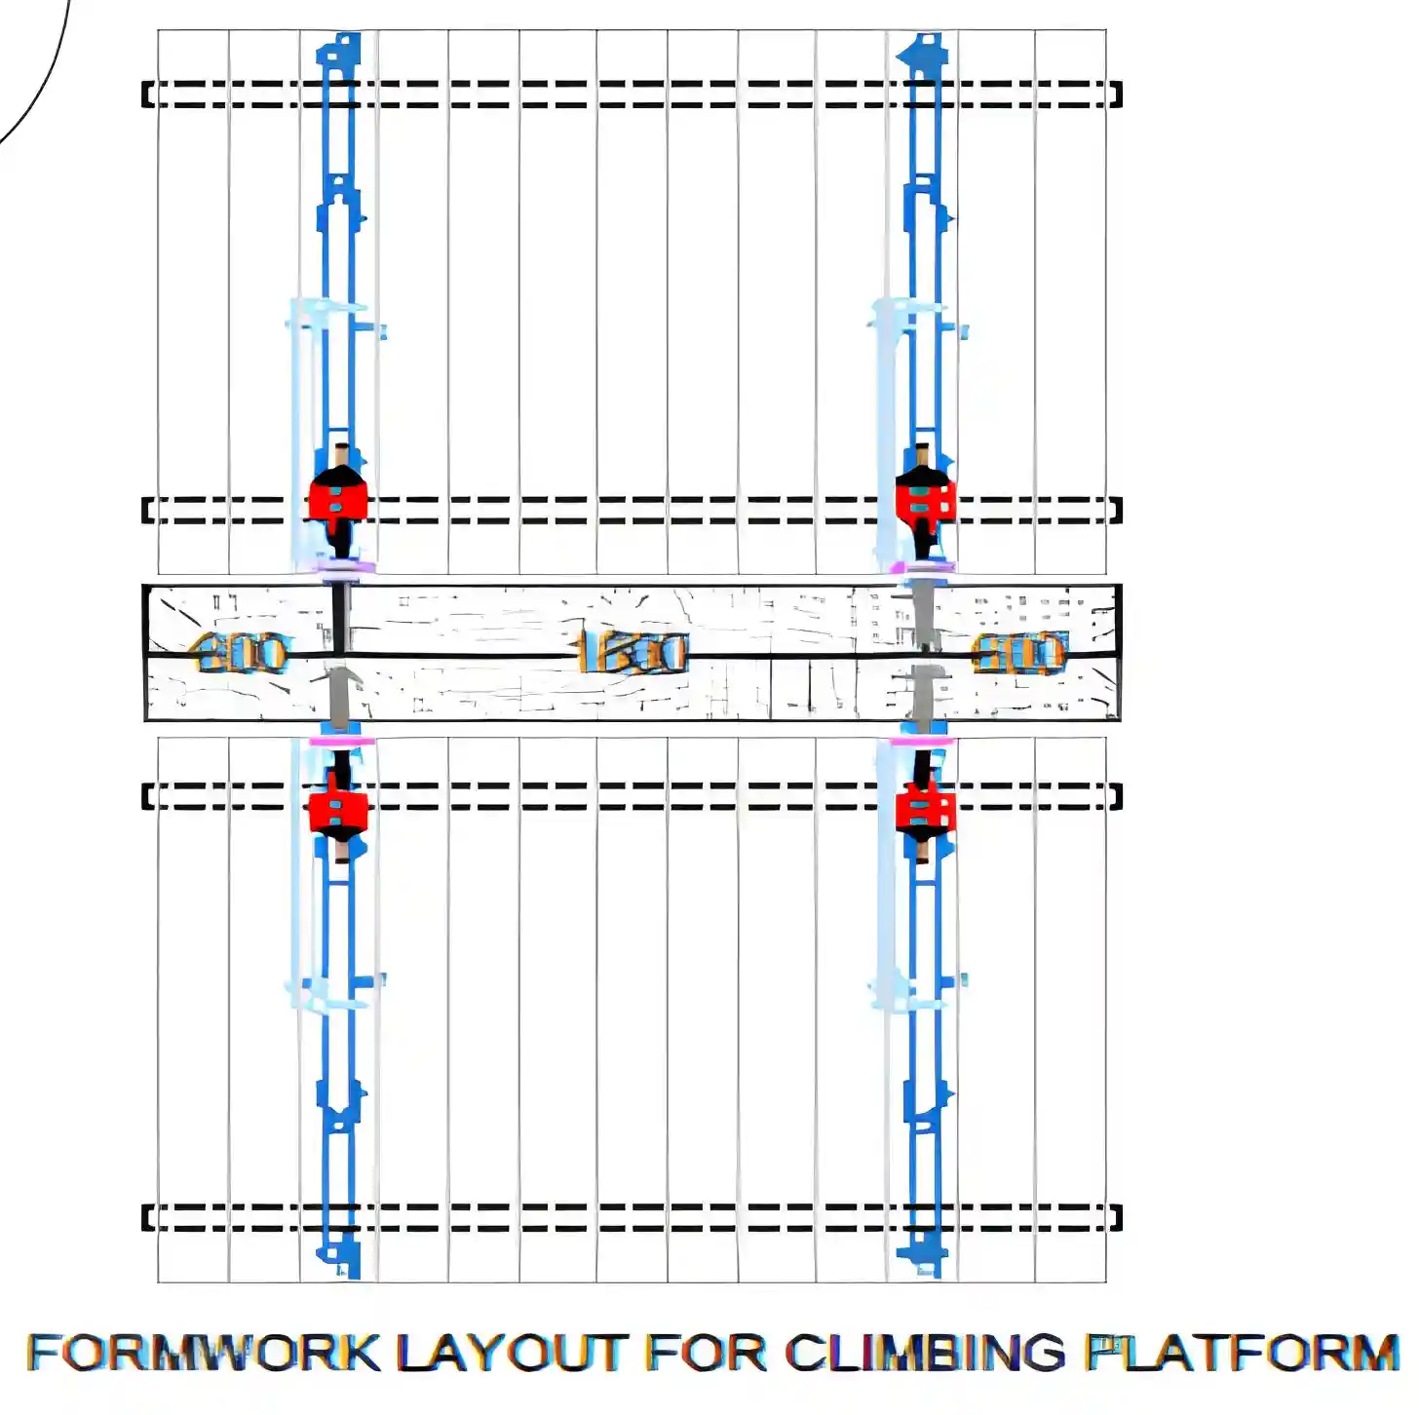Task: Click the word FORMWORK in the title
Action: coord(203,1353)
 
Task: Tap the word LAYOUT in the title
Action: coord(511,1353)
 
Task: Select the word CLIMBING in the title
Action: coord(925,1353)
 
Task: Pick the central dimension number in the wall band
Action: coord(633,653)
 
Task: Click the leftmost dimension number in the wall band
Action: coord(241,653)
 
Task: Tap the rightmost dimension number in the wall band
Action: coord(1018,653)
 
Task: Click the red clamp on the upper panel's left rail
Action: coord(338,500)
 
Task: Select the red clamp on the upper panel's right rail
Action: coord(925,500)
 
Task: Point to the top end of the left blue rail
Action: coord(339,49)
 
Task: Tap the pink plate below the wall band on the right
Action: coord(921,743)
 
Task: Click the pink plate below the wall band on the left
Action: coord(341,743)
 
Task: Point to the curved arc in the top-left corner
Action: coord(44,88)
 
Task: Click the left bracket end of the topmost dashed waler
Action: coord(148,95)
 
